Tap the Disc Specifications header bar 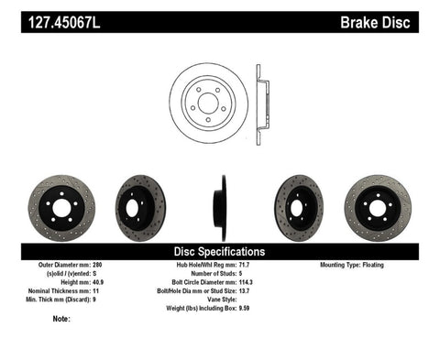tap(220, 251)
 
